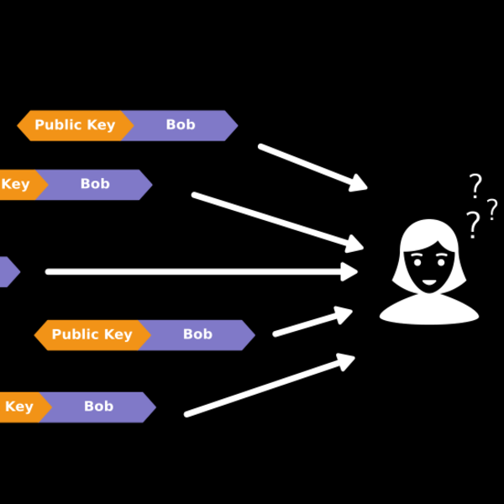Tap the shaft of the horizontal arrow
(193, 271)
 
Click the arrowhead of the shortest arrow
(344, 314)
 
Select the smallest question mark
(492, 208)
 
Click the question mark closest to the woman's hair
(473, 225)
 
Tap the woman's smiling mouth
(429, 281)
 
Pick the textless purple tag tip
(7, 271)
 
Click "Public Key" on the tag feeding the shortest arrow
(92, 334)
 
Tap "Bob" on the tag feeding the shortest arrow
(197, 334)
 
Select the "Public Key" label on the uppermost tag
(75, 125)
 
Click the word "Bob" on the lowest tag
(98, 407)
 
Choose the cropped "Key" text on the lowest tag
(18, 407)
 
